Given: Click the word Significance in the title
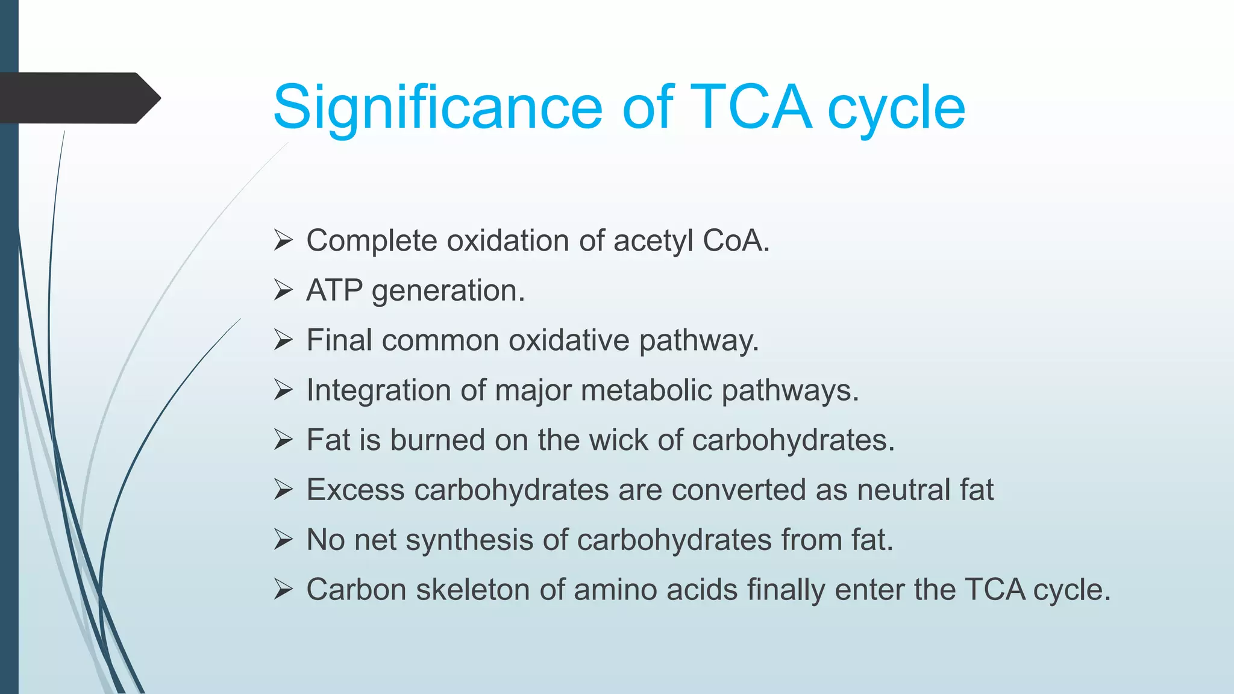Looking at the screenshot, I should (x=437, y=108).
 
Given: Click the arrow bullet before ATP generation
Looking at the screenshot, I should (x=283, y=290).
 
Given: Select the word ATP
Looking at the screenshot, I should (x=334, y=290).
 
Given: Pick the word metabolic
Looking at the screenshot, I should (x=647, y=390).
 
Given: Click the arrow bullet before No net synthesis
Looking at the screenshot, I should (x=283, y=539).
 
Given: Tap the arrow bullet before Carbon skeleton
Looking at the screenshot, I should (x=283, y=589).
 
